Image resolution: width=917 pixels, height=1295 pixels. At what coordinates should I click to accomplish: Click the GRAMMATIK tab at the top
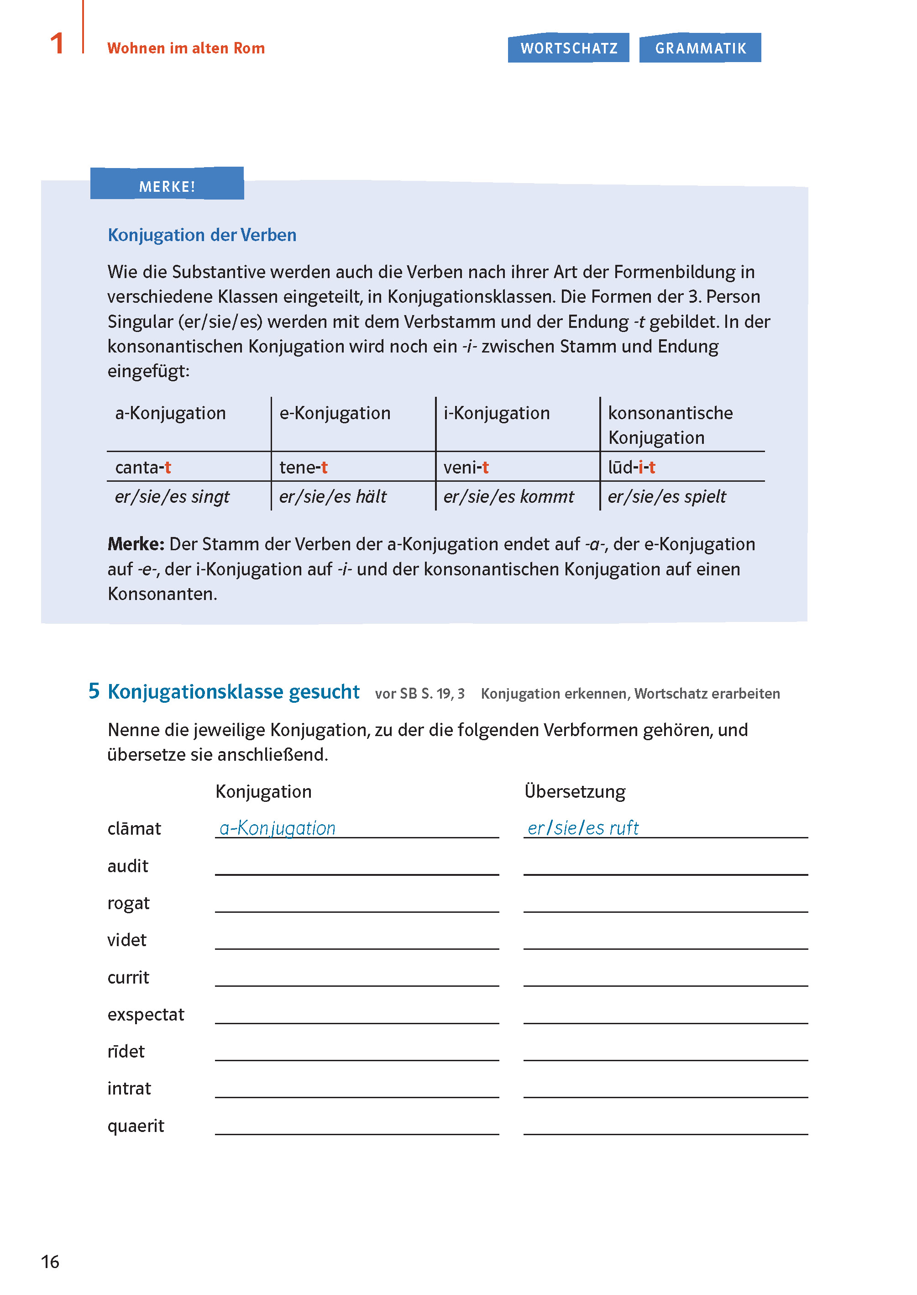tap(700, 48)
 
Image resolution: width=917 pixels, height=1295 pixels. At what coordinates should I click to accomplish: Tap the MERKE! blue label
tap(167, 186)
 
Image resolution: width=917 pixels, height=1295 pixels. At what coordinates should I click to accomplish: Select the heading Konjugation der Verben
tap(202, 235)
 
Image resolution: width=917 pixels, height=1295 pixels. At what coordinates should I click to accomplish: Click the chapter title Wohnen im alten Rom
tap(186, 48)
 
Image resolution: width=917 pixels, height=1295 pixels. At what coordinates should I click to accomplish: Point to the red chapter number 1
tap(57, 44)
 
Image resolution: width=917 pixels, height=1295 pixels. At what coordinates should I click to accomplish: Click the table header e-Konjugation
tap(335, 413)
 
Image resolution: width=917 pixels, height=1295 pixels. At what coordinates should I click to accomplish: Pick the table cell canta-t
tap(143, 468)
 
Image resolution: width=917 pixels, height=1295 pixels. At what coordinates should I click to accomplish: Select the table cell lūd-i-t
tap(631, 468)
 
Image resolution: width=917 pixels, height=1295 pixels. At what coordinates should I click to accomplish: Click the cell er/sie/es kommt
tap(508, 497)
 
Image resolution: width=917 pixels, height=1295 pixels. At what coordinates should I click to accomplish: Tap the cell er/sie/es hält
tap(333, 497)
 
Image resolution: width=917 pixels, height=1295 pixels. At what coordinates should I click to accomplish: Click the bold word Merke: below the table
tap(136, 544)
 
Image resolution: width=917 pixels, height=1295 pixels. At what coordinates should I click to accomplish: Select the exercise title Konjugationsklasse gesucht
tap(233, 692)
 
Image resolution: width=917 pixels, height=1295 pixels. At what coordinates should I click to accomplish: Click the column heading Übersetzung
tap(575, 792)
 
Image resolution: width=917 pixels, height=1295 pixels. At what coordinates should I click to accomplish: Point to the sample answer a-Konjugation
tap(277, 828)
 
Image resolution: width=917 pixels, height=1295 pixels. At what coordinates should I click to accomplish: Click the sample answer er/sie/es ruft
tap(583, 828)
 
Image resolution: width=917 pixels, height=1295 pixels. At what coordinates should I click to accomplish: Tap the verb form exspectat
tap(146, 1015)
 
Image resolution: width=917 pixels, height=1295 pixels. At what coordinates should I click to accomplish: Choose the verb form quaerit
tap(136, 1126)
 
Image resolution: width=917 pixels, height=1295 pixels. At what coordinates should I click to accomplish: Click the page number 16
tap(50, 1262)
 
